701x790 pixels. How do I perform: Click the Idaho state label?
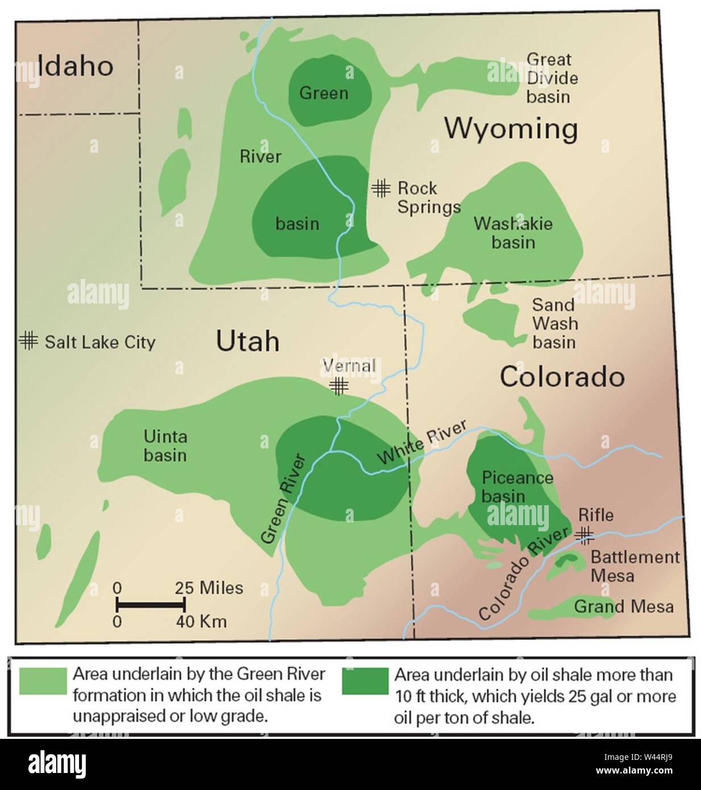(76, 66)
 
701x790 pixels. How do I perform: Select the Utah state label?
(248, 342)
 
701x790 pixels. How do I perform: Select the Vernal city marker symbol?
(339, 386)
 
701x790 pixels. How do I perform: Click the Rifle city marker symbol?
(585, 533)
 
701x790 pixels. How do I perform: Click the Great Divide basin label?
(548, 78)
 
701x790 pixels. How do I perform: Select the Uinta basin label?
(165, 446)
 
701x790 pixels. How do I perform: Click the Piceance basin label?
(517, 487)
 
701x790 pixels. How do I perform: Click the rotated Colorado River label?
(524, 574)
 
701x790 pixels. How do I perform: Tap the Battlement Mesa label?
(635, 566)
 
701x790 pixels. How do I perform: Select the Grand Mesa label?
(624, 606)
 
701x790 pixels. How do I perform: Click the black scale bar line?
(151, 604)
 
